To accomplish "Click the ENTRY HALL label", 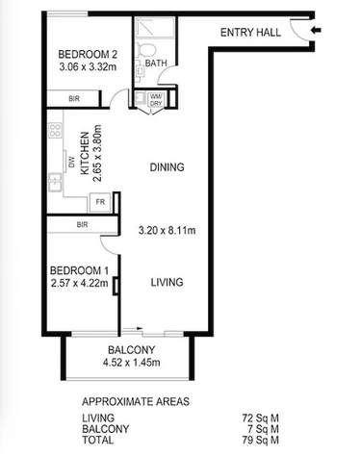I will coord(250,32).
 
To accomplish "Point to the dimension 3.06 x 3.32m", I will coord(87,67).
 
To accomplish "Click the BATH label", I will coord(156,64).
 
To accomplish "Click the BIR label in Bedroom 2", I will coord(73,99).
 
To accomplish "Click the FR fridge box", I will coord(98,202).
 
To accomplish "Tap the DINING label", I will coord(167,167).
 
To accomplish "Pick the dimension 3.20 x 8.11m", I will coord(167,232).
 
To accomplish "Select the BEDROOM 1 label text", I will coord(75,270).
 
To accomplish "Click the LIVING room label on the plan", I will coord(167,283).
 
